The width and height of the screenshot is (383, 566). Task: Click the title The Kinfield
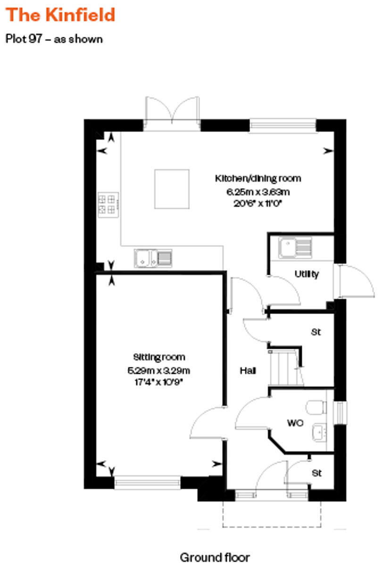[x=60, y=15]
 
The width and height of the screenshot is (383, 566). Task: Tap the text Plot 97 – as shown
[x=54, y=39]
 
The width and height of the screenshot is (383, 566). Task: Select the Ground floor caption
[x=215, y=557]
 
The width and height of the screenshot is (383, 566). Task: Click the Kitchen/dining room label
[x=258, y=178]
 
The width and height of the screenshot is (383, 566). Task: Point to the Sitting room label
[x=159, y=357]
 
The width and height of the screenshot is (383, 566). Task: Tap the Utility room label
[x=307, y=274]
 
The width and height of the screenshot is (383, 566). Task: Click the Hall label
[x=248, y=371]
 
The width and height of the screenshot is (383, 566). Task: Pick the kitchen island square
[x=172, y=189]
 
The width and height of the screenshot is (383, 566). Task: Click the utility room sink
[x=294, y=247]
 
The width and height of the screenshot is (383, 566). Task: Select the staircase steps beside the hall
[x=282, y=368]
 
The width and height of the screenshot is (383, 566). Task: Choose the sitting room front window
[x=147, y=482]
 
